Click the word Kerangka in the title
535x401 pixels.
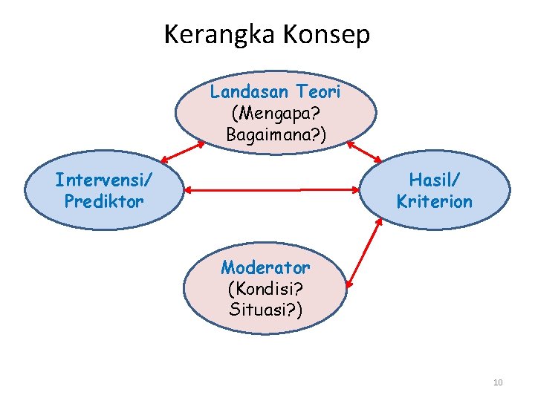(x=213, y=34)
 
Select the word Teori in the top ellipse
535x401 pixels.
(x=320, y=92)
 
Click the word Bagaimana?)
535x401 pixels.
(x=275, y=135)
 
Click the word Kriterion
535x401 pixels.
(x=435, y=201)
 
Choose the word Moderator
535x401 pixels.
(x=265, y=267)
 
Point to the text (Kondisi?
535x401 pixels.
(x=265, y=288)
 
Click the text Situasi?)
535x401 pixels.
(x=265, y=309)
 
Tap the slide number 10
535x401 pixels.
(x=498, y=382)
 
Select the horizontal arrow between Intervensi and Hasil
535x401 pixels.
(x=272, y=191)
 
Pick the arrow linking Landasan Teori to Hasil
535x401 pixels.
(x=365, y=151)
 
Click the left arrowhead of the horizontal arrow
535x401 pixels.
(x=188, y=191)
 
